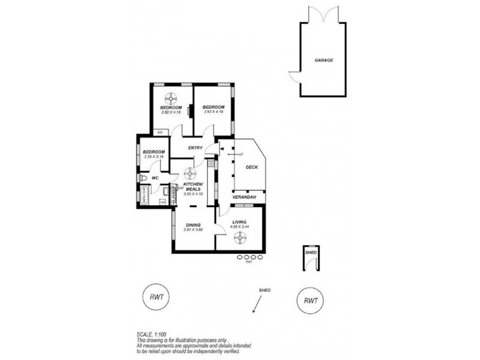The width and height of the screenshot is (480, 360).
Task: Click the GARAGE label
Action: [x=323, y=61]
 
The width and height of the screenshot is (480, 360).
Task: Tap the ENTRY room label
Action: [x=195, y=148]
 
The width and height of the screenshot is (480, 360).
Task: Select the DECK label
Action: [x=252, y=167]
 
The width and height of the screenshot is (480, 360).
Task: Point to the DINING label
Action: [x=193, y=225]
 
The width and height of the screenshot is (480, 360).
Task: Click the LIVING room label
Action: [x=240, y=223]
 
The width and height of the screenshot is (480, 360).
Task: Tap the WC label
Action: [x=154, y=178]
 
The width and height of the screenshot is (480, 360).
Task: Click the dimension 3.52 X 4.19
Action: [x=171, y=112]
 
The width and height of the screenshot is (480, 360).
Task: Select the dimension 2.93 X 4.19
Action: [x=214, y=112]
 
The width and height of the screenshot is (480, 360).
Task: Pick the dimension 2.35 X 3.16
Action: [x=154, y=157]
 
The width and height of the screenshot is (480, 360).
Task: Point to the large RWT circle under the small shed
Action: [x=310, y=300]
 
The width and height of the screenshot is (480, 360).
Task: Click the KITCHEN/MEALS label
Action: [x=193, y=186]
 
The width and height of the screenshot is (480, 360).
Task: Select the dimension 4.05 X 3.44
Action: [x=240, y=227]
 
